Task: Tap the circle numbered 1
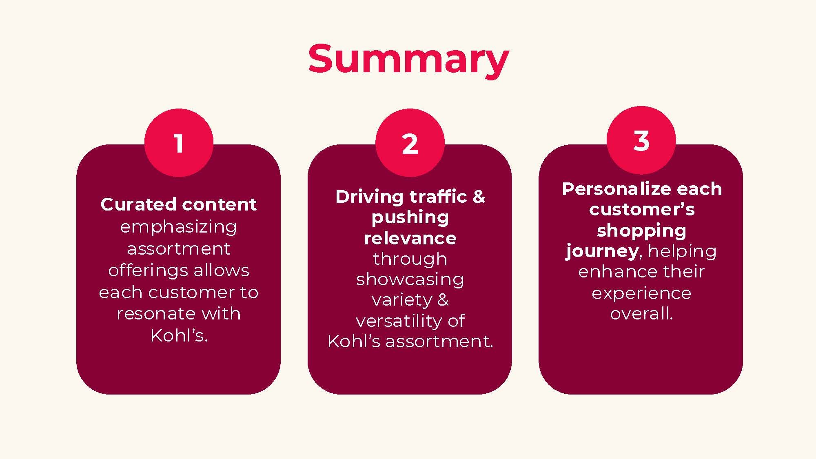point(179,143)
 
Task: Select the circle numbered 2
point(410,143)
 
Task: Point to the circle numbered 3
point(641,141)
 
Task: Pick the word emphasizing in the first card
point(178,227)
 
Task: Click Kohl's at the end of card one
point(178,335)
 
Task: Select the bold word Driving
point(370,197)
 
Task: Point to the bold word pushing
point(410,217)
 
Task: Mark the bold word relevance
point(410,238)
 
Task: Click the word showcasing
point(410,280)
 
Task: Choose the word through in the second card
point(410,259)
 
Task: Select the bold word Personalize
point(610,189)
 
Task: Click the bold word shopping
point(641,231)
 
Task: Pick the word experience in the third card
point(641,293)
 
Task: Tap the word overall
point(641,313)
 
